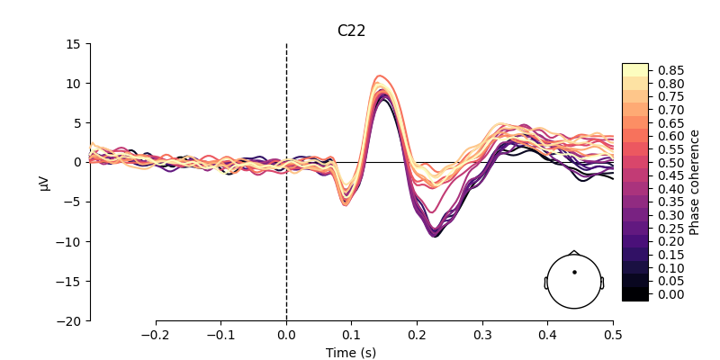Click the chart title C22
pos(351,31)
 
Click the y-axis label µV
pos(46,182)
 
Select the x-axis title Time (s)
pos(351,353)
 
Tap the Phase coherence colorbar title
pos(695,182)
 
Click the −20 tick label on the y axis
pos(68,320)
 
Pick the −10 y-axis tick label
pos(68,241)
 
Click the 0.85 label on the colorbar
pos(670,70)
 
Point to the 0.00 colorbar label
pos(670,294)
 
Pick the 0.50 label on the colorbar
pos(670,163)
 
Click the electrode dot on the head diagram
pos(574,272)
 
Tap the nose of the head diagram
pos(574,252)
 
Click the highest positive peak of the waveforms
pos(381,76)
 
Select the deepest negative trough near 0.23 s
pos(435,236)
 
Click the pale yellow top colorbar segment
pos(634,70)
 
